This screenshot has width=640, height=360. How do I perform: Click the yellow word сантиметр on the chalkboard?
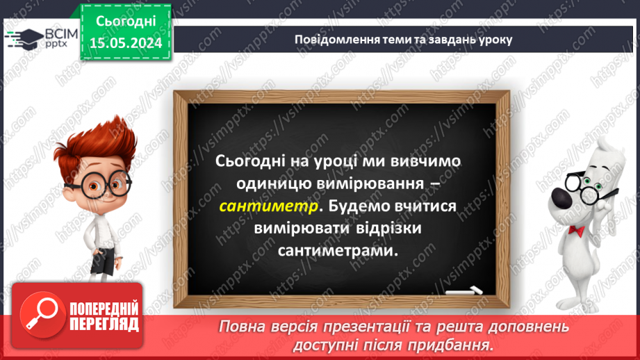tap(270, 206)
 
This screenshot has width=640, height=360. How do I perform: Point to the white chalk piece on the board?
tap(464, 290)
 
